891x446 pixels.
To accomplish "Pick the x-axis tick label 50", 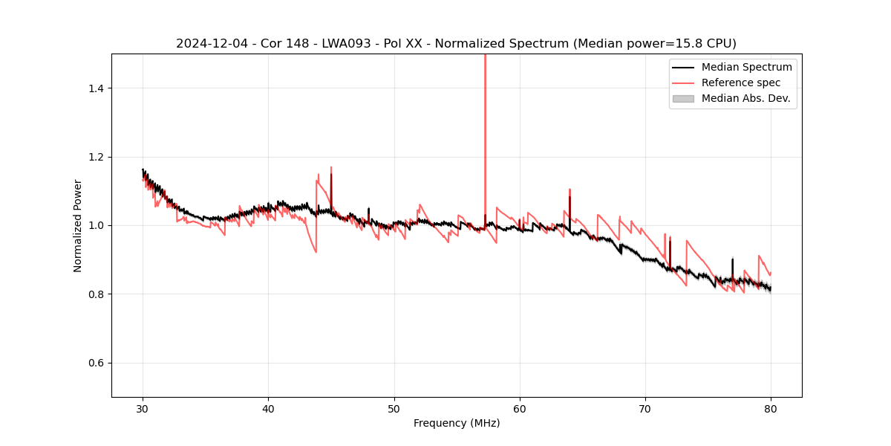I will (394, 408).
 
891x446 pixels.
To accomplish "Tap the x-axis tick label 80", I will (771, 408).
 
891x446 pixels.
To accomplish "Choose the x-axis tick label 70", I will (645, 408).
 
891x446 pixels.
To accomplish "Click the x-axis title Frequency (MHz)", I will (457, 423).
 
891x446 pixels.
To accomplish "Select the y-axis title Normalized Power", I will (78, 225).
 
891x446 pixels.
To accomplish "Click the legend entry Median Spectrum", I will (746, 67).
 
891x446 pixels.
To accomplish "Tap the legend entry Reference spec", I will (741, 83).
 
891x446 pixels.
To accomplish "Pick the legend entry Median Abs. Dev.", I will (745, 98).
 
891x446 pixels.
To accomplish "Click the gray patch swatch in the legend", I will (683, 98).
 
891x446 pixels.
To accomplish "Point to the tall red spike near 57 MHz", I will (485, 111).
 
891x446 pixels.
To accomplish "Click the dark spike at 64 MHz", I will (569, 204).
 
